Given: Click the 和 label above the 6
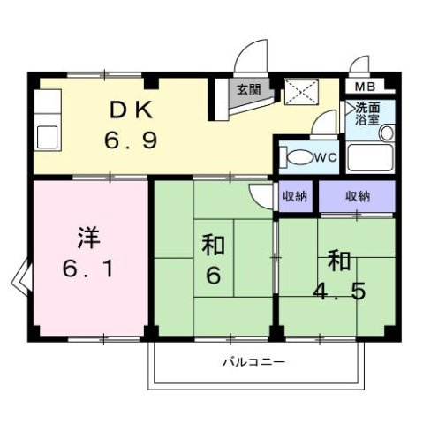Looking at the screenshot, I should (x=212, y=243).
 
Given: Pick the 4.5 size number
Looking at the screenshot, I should (x=341, y=289).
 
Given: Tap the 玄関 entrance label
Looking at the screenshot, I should (x=248, y=89).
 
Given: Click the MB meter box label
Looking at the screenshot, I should (x=364, y=87).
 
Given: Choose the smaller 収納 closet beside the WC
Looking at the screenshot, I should (x=295, y=196).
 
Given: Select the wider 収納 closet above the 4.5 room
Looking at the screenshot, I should (x=357, y=196).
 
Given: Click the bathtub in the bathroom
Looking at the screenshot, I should (x=370, y=160).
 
